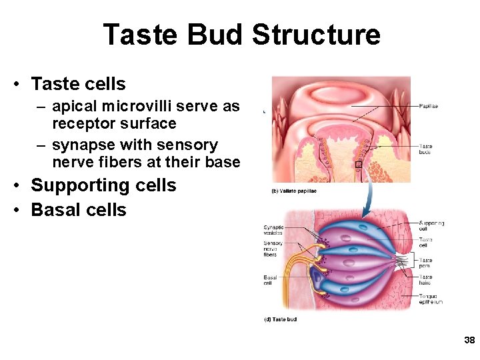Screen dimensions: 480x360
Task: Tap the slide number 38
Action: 469,341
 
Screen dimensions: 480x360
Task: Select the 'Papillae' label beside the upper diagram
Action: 428,107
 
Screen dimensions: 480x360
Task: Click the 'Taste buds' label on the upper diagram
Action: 425,149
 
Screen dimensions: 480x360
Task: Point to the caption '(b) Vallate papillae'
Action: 294,191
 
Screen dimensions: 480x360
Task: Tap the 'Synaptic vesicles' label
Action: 273,230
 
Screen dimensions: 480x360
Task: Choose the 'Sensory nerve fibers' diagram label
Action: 273,249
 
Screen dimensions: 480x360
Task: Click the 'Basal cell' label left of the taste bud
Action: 270,279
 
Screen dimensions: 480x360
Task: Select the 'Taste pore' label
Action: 425,263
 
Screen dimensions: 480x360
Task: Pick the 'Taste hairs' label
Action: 425,279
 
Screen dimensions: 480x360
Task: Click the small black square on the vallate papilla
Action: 358,164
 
